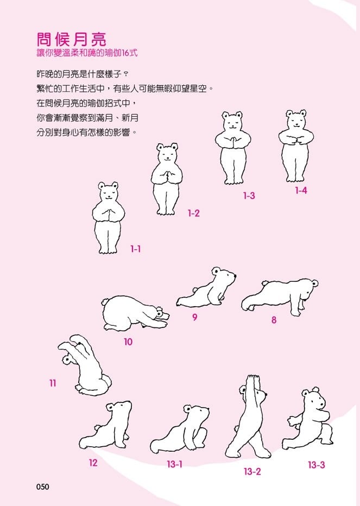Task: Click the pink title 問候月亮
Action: [71, 40]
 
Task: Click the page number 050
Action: [43, 486]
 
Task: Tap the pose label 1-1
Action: [135, 249]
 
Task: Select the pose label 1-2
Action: [194, 213]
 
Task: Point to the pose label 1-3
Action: [249, 195]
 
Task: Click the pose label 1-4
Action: [301, 191]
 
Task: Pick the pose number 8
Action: [274, 320]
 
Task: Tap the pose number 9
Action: [195, 317]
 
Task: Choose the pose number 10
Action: [128, 341]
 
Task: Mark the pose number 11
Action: [53, 383]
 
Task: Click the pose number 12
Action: [93, 463]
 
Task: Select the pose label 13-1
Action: [175, 464]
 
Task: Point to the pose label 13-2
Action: [252, 471]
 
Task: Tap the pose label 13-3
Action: [317, 465]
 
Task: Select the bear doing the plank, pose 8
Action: [280, 297]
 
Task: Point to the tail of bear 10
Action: [105, 302]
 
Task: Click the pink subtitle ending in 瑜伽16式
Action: [87, 53]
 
